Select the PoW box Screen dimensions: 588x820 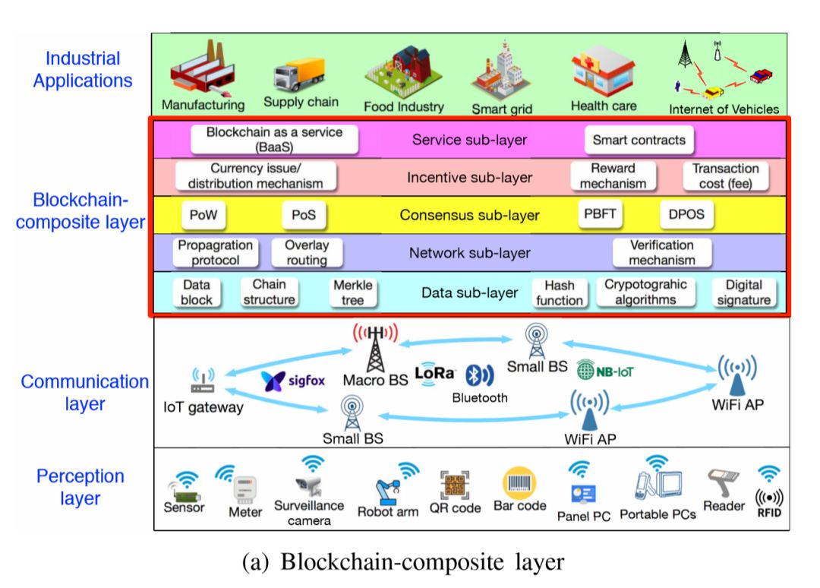[x=203, y=215]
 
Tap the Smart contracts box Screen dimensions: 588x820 [x=639, y=140]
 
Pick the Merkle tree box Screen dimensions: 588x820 [x=353, y=292]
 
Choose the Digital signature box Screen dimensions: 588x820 [x=744, y=292]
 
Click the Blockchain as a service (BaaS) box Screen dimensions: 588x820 [x=274, y=140]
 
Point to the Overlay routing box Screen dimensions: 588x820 [x=306, y=253]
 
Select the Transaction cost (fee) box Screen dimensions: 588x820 [x=726, y=176]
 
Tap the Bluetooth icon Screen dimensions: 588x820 [x=480, y=375]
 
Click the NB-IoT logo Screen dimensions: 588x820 [x=605, y=370]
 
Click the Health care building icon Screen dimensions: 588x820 [x=604, y=73]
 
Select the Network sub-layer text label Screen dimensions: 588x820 [x=470, y=253]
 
